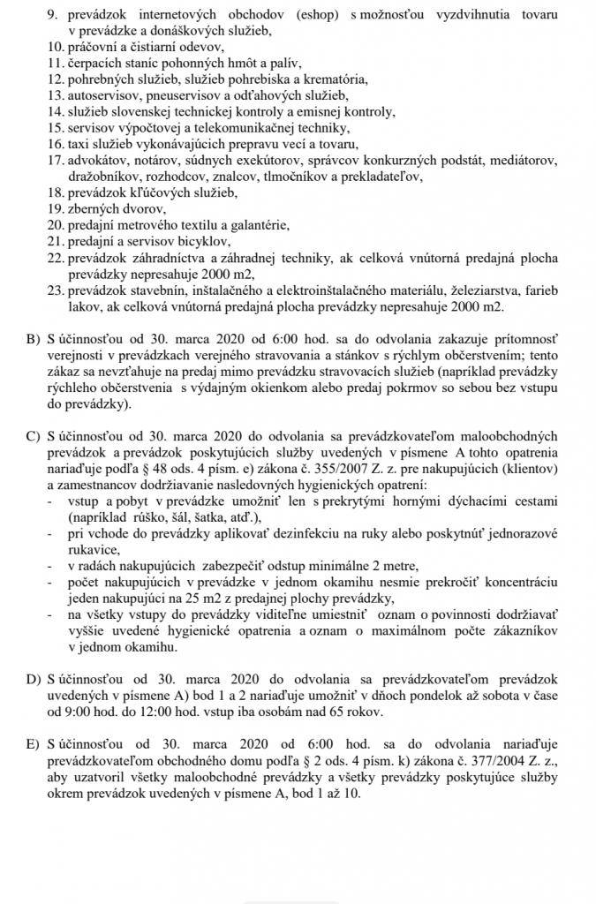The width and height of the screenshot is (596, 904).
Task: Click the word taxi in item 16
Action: tap(79, 143)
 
